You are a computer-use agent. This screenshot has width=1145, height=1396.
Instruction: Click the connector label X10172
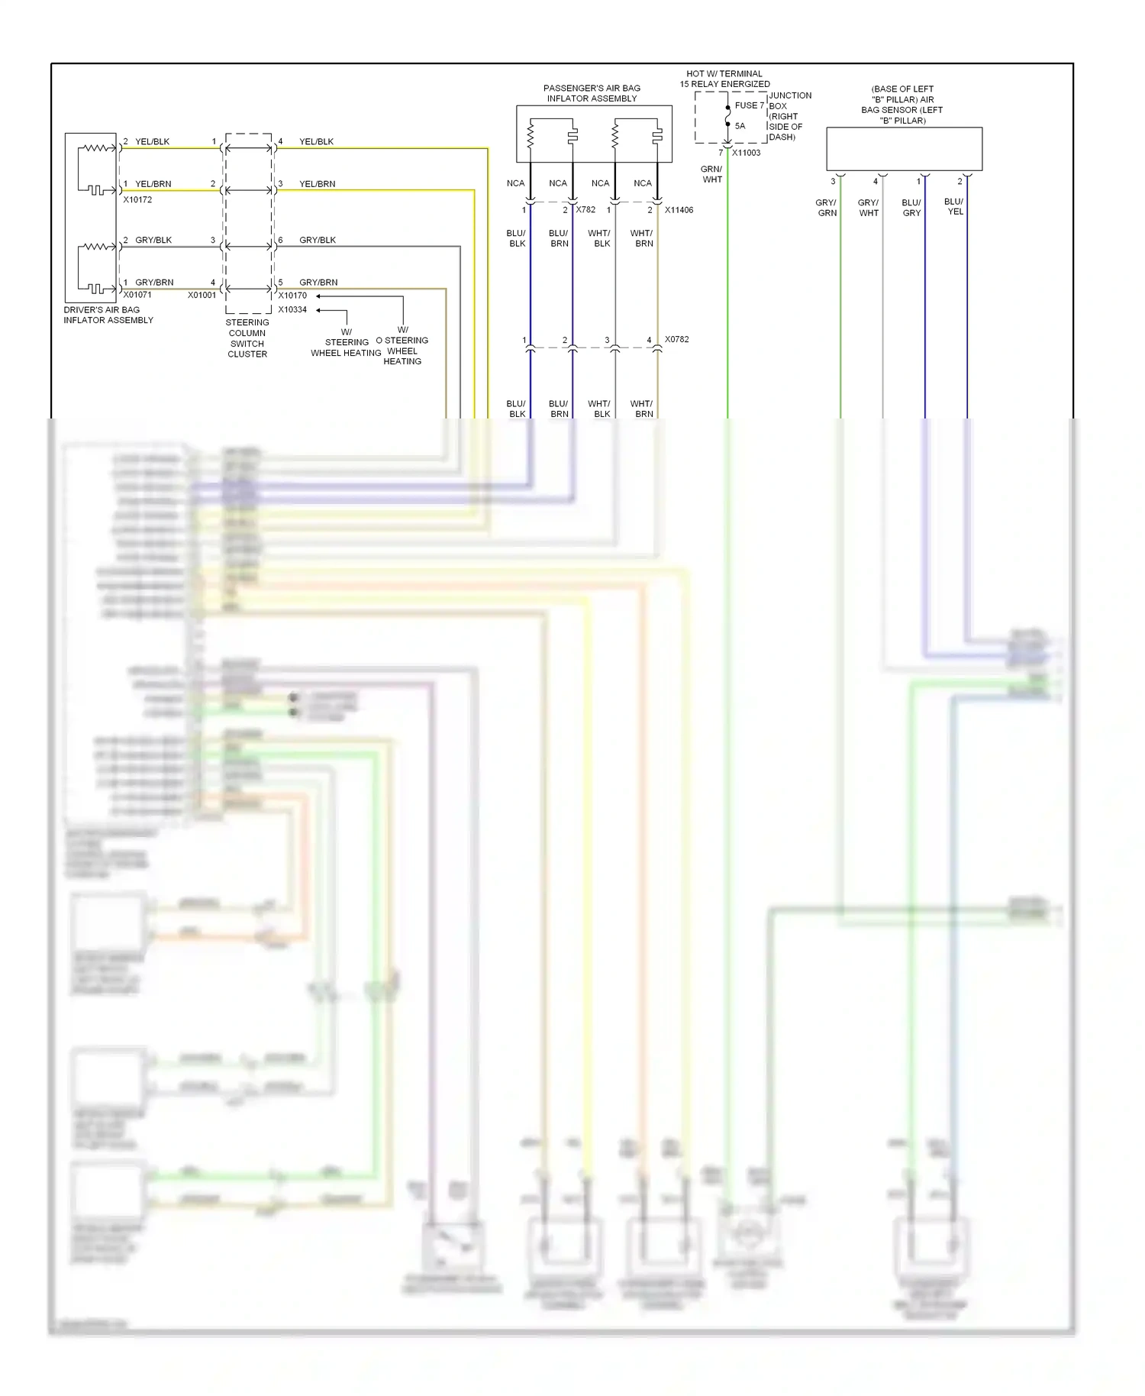coord(137,200)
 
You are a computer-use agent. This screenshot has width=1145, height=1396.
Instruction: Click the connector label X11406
coord(679,210)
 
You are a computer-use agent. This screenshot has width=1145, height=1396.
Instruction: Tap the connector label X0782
coord(676,339)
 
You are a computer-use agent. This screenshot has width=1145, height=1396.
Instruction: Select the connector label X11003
coord(746,153)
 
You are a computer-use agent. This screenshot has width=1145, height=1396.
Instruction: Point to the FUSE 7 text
coord(749,105)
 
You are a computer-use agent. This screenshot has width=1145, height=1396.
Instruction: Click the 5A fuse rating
coord(740,126)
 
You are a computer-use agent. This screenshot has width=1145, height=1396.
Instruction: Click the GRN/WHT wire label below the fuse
coord(711,174)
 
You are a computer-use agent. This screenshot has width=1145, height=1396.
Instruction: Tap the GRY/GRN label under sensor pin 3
coord(827,208)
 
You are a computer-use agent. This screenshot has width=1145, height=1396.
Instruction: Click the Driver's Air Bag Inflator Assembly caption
coord(108,315)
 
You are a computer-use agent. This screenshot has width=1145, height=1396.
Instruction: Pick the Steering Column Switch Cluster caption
coord(247,338)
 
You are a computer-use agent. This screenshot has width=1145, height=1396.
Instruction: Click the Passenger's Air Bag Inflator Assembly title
coord(592,93)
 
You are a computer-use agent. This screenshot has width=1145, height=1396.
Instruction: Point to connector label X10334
coord(292,310)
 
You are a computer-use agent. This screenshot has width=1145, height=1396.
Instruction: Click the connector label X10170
coord(292,296)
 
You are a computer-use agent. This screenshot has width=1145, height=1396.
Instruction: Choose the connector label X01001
coord(202,295)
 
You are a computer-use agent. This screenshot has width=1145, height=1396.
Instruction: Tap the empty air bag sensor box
coord(904,149)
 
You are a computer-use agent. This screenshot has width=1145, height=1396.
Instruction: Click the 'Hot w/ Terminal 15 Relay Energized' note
coord(724,79)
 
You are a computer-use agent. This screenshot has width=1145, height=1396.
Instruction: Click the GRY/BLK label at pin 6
coord(318,240)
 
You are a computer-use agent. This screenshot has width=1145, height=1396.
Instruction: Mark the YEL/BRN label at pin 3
coord(318,184)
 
